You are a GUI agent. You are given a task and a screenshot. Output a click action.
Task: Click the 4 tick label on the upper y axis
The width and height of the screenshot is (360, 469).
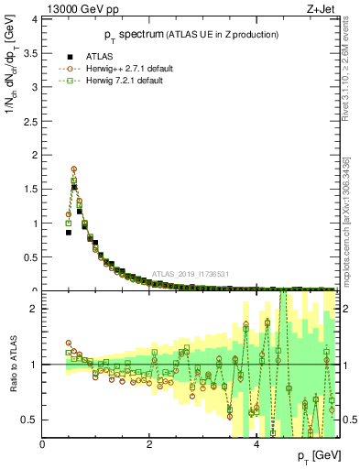pos(34,18)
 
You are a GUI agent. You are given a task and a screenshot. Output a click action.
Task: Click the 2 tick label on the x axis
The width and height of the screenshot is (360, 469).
pos(149,444)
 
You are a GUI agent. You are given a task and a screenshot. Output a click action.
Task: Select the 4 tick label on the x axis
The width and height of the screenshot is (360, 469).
pos(256,444)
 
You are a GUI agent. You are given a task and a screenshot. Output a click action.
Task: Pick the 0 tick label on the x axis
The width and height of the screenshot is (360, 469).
pos(43,444)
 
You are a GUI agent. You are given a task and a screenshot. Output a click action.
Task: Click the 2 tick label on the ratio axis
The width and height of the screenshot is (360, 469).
pos(34,309)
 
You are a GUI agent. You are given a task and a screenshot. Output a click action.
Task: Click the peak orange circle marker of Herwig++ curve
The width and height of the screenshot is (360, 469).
pos(73,169)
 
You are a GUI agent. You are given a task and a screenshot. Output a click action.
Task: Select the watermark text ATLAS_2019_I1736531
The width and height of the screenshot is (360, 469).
pos(190,273)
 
